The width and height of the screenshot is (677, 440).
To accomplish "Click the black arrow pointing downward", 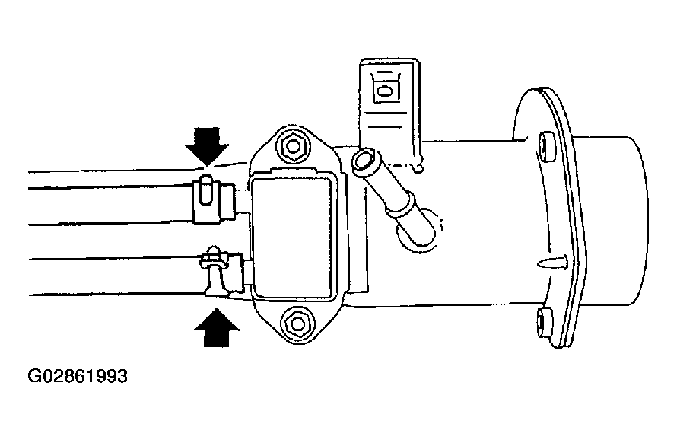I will click(x=206, y=145).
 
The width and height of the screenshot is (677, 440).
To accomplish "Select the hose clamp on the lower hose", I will click(x=213, y=275).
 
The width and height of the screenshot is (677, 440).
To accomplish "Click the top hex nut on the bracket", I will click(x=292, y=142).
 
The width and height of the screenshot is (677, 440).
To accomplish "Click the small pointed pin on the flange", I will click(x=551, y=263).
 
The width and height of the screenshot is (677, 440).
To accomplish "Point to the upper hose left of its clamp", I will click(x=106, y=198).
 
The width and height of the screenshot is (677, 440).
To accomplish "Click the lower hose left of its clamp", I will click(x=106, y=276).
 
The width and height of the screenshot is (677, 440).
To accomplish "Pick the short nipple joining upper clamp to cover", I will click(x=243, y=200).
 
